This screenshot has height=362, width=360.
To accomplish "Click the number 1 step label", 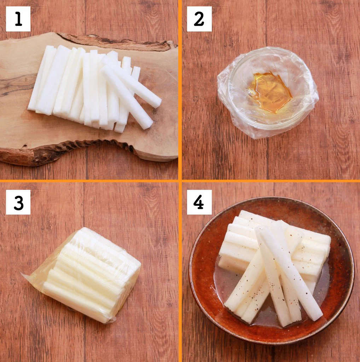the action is [x=18, y=19].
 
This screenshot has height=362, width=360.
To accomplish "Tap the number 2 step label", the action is [x=199, y=19].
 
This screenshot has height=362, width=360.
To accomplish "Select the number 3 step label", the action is [x=18, y=202].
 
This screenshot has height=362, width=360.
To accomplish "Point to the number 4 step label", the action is [x=199, y=202].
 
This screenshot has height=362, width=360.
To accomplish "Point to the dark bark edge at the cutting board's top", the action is [x=115, y=42].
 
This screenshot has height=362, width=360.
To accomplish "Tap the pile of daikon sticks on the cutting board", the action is [x=95, y=89].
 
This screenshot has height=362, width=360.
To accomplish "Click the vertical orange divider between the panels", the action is [x=180, y=181].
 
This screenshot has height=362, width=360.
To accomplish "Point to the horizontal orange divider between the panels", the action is [x=180, y=181].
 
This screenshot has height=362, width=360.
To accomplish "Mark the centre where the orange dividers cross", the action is [x=180, y=181].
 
